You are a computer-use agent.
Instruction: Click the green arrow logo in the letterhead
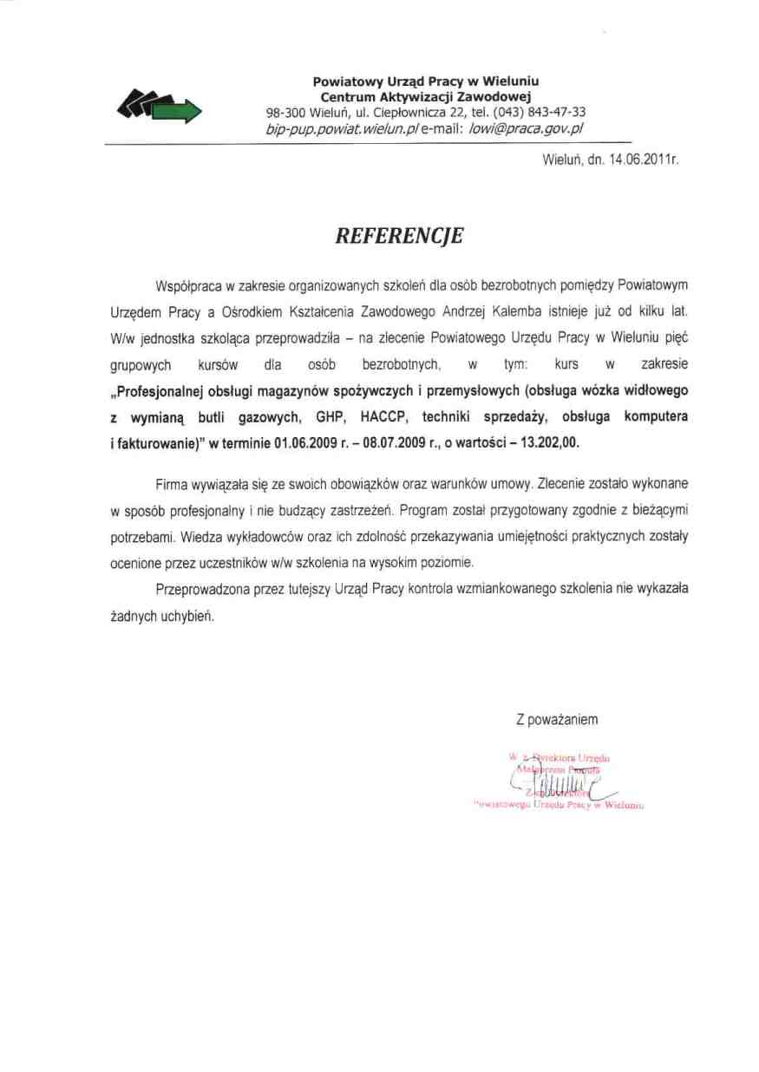[x=164, y=106]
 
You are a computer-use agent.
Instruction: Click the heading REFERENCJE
[x=400, y=235]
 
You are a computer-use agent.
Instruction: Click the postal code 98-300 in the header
[x=285, y=112]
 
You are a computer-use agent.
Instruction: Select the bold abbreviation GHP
[x=320, y=417]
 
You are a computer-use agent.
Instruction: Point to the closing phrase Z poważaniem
[x=556, y=719]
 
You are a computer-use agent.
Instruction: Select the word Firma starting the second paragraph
[x=173, y=482]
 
